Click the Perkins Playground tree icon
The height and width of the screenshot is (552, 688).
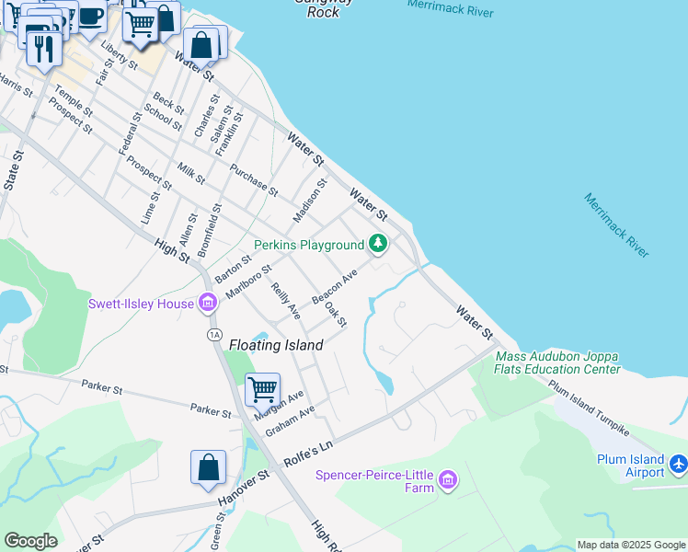[377, 244]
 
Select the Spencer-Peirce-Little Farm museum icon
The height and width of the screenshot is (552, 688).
[447, 479]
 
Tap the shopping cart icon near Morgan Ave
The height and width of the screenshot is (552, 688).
[262, 389]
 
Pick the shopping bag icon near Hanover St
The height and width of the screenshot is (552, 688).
[208, 466]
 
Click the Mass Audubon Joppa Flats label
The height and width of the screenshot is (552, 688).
[557, 362]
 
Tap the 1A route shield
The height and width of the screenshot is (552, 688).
[214, 335]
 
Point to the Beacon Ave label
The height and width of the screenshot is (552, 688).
[334, 288]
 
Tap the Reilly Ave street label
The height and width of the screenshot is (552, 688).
[285, 301]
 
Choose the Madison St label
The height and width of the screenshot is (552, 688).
[310, 201]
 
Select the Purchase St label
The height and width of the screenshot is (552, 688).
[254, 179]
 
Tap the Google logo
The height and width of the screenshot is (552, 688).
[30, 541]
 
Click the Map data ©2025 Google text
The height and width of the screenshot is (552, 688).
[631, 545]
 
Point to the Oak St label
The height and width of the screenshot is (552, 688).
[336, 316]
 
